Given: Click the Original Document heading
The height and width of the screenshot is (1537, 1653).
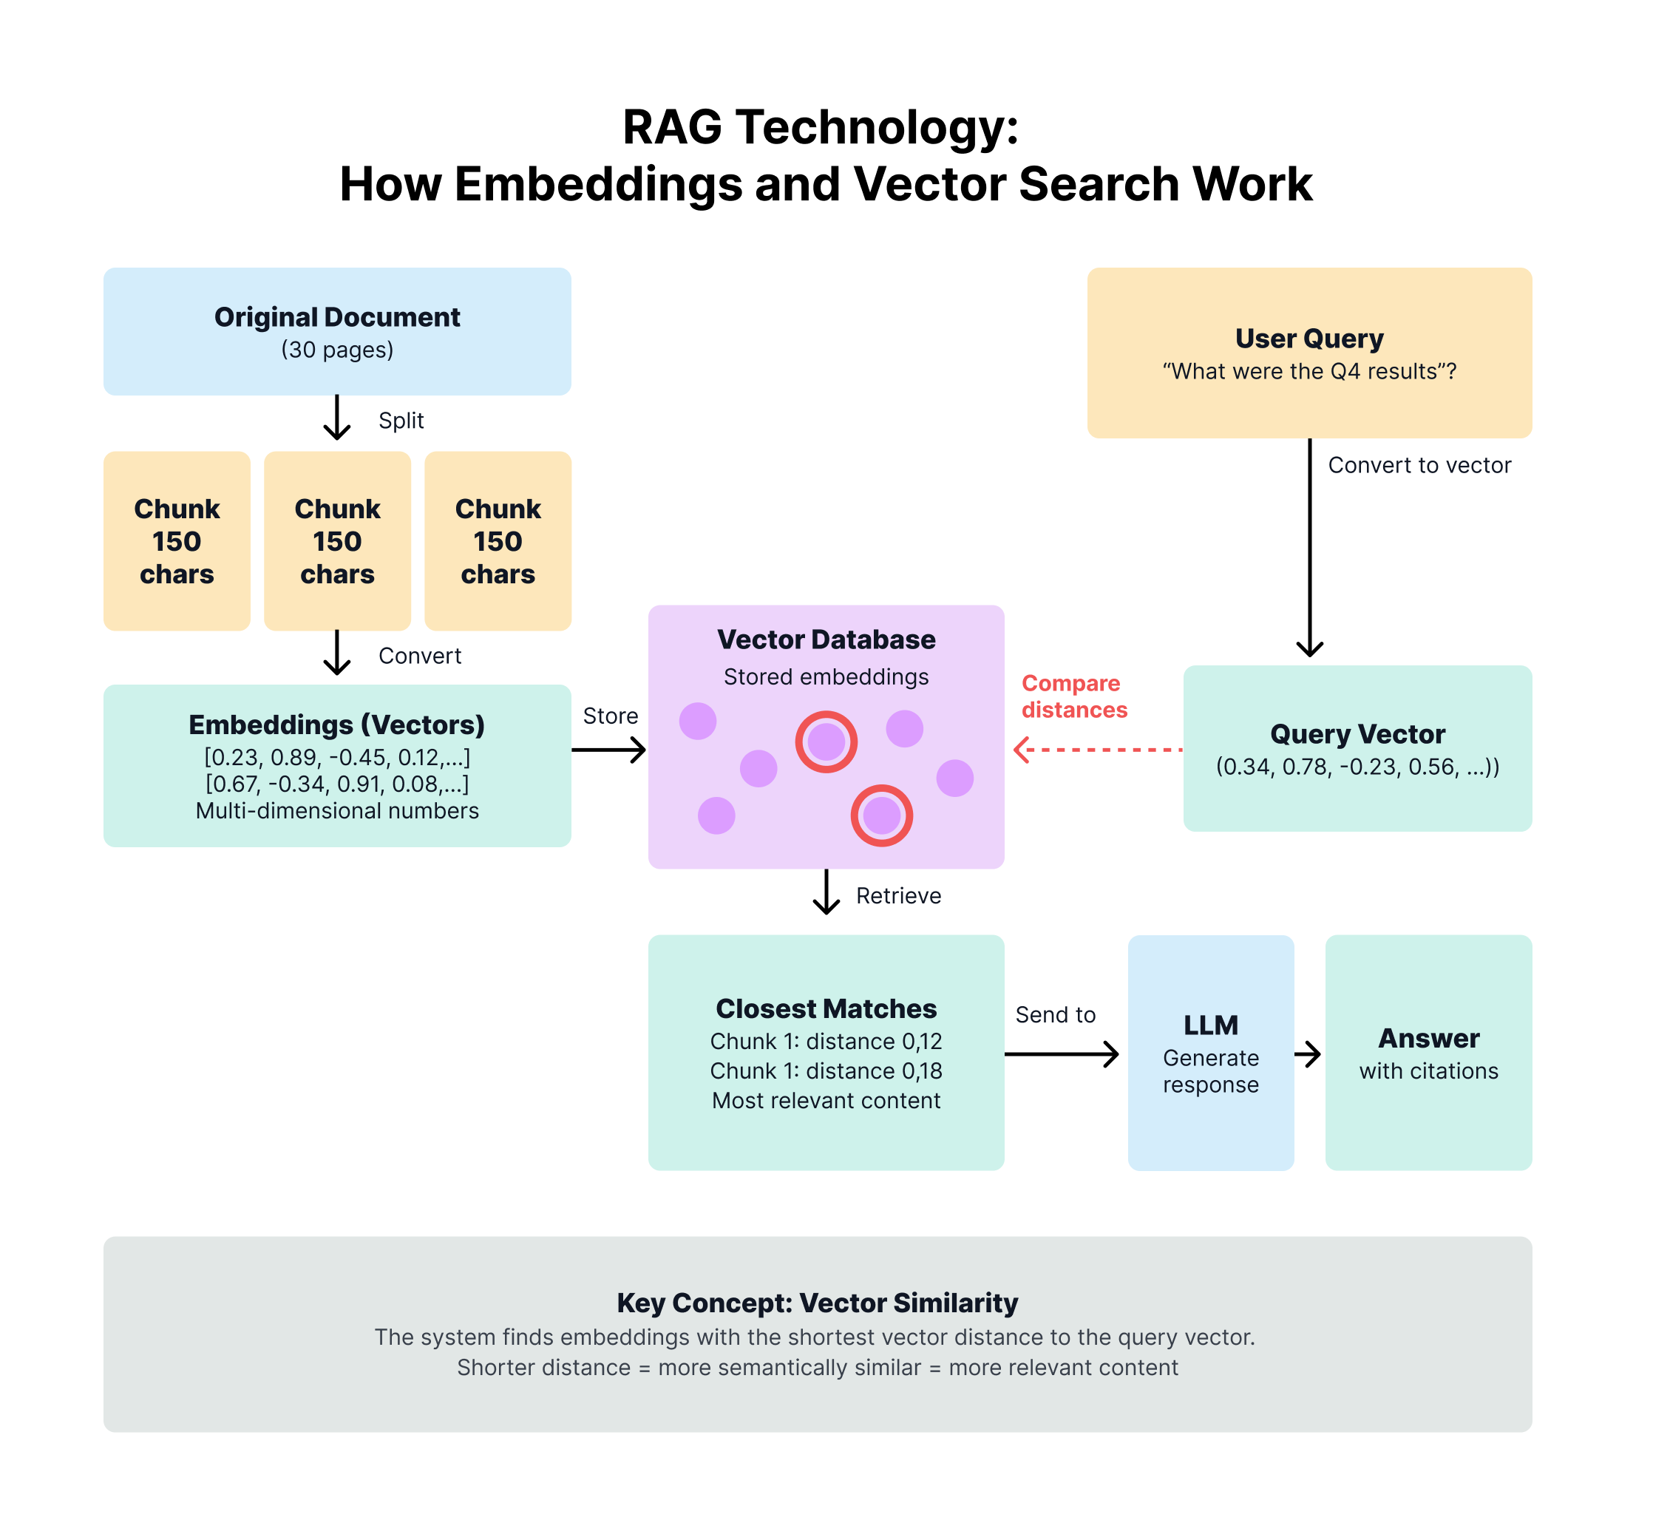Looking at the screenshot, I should click(x=337, y=317).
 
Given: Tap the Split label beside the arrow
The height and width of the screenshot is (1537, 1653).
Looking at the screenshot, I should click(x=401, y=421).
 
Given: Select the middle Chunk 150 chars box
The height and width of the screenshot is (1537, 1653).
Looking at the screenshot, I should click(x=337, y=540).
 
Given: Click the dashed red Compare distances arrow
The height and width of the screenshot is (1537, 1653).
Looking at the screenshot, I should click(x=1098, y=750).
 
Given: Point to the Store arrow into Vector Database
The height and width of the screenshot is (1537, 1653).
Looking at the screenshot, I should click(x=608, y=750).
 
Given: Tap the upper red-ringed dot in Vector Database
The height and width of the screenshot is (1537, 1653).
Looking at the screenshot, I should click(x=826, y=742).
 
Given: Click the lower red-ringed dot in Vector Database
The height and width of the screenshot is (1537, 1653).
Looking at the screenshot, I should click(x=881, y=816).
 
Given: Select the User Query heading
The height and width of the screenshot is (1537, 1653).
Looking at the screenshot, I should click(x=1309, y=339).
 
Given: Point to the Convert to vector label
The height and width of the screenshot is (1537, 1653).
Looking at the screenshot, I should click(x=1419, y=465).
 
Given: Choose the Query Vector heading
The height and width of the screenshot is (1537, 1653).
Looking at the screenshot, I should click(x=1357, y=733).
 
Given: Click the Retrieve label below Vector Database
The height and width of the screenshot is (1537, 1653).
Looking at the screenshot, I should click(x=898, y=896).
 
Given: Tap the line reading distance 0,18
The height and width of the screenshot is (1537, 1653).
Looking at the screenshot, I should click(x=826, y=1071).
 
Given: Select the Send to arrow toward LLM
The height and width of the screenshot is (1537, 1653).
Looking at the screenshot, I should click(x=1061, y=1054).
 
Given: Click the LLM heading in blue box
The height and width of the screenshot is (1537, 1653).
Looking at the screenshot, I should click(x=1211, y=1025).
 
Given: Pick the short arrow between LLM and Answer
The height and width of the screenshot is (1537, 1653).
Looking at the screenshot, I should click(x=1308, y=1054).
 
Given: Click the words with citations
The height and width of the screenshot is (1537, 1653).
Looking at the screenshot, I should click(x=1428, y=1071).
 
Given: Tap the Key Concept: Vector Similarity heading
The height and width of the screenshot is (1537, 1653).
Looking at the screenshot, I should click(x=818, y=1303).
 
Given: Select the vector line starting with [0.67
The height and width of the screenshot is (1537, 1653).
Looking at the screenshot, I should click(x=337, y=784).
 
